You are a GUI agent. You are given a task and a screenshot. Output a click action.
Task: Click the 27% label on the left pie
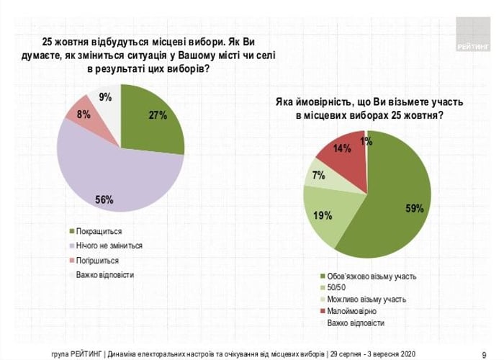coord(158,114)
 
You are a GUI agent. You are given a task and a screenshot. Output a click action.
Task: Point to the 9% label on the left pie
coord(105,97)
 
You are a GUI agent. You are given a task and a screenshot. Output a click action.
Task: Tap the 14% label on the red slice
coord(343,149)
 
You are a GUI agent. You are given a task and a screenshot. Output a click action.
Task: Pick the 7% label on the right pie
coord(319,175)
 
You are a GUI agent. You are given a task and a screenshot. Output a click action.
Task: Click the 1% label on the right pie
coord(366,142)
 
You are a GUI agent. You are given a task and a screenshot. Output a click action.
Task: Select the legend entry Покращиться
coord(99,231)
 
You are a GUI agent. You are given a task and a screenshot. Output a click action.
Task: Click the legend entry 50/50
coord(338,287)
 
